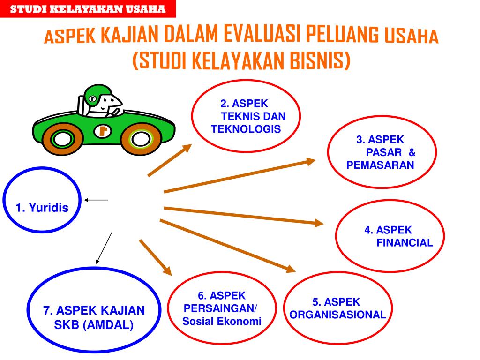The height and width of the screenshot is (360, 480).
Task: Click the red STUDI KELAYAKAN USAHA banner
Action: pos(88,9)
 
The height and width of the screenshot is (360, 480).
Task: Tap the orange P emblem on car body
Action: pos(103,131)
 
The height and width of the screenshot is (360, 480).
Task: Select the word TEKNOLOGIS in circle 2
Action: pos(246,129)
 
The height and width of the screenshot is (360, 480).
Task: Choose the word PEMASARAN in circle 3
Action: pos(380,165)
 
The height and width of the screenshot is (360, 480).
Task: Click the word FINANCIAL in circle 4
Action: pos(405,242)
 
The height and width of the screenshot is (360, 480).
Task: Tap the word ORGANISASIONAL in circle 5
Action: pos(337,315)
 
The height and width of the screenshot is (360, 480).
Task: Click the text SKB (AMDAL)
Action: pos(94,325)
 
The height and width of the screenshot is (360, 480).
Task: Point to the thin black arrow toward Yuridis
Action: pos(96,200)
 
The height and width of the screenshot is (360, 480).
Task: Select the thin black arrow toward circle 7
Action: pos(104,247)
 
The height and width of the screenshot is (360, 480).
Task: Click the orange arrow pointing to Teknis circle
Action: pos(170,160)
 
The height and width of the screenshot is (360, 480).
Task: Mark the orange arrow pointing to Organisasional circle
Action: pos(228,245)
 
